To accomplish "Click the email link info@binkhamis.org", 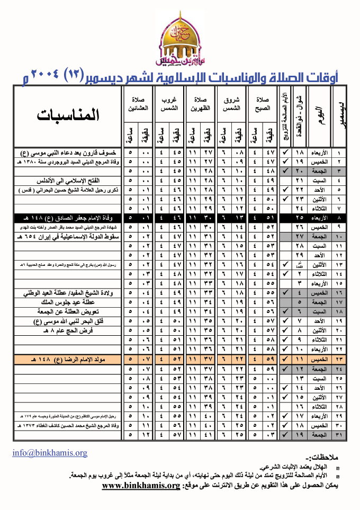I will pos(50,453).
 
